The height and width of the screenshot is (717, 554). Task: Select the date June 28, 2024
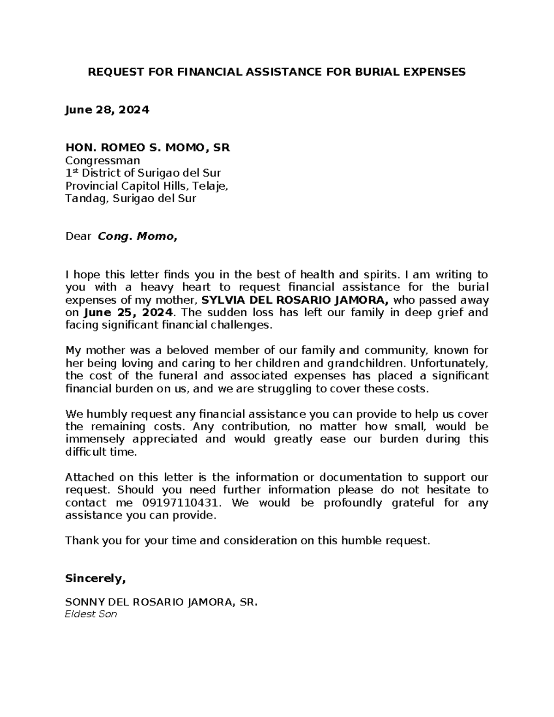(107, 110)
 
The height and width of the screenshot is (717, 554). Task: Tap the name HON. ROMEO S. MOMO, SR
(148, 148)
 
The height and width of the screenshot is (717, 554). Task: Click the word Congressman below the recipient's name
(102, 161)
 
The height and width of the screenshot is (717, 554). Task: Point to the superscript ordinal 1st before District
(71, 173)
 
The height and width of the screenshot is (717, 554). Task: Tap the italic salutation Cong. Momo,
(137, 237)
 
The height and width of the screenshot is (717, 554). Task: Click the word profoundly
(352, 502)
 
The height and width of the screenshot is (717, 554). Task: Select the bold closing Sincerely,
(96, 578)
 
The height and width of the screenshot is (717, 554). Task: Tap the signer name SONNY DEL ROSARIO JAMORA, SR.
(161, 603)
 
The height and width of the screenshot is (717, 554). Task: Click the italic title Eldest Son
(91, 615)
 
